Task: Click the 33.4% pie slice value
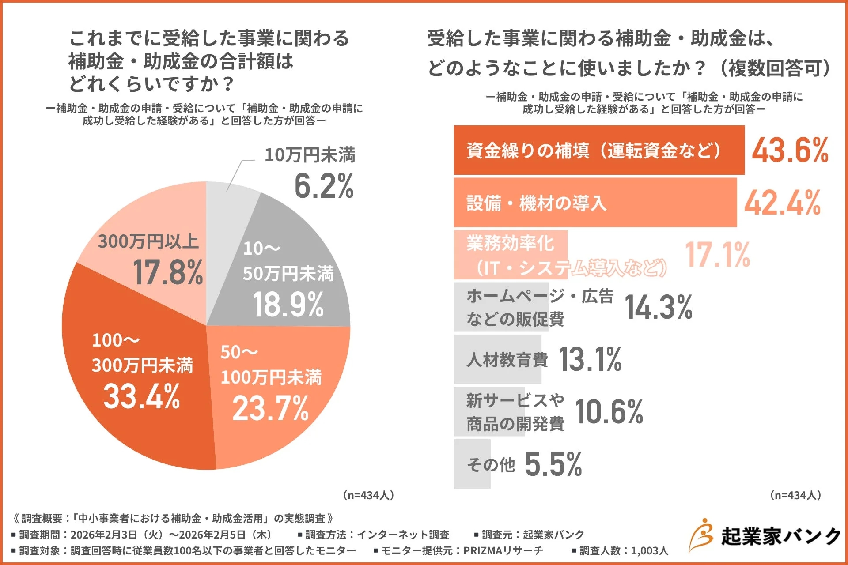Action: [141, 396]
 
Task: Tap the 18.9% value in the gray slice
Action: [288, 305]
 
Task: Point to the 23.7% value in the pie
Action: [270, 408]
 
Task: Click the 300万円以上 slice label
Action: [148, 241]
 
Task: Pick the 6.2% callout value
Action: [324, 186]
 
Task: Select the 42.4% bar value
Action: [782, 203]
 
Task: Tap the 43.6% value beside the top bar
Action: [790, 151]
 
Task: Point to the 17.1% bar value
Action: [717, 255]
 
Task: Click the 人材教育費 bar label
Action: [507, 360]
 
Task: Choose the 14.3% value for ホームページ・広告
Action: [658, 307]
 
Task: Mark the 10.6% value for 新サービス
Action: [609, 412]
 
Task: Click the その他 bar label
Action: [491, 464]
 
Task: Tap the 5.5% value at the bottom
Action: [553, 464]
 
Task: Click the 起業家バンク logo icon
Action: [701, 535]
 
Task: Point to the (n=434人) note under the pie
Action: [368, 495]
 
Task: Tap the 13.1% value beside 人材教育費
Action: [590, 359]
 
